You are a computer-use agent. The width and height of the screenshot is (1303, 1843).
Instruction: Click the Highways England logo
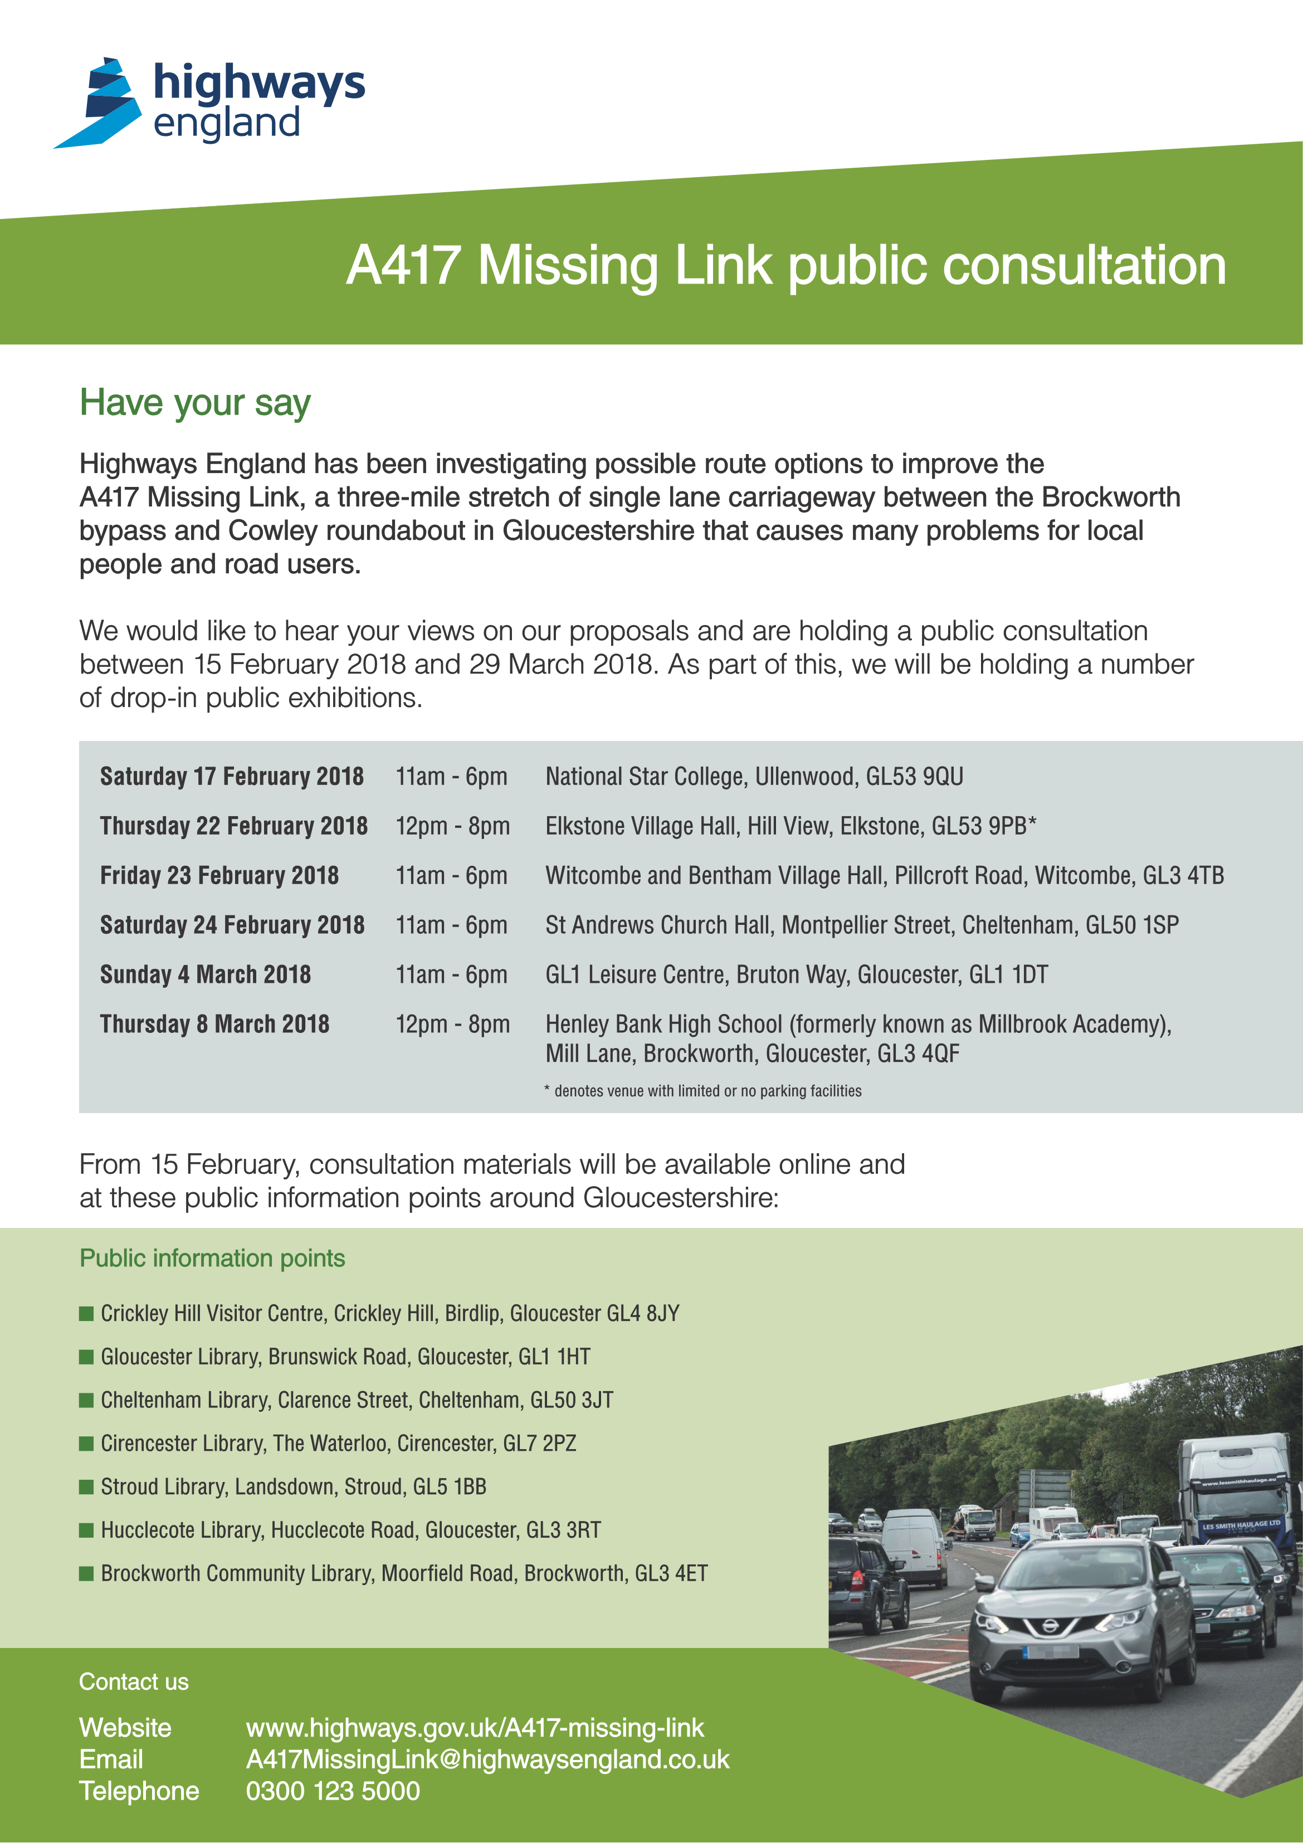209,102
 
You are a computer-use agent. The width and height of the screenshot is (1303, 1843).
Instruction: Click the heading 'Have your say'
194,403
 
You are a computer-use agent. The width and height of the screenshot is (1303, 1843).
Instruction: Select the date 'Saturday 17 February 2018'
231,776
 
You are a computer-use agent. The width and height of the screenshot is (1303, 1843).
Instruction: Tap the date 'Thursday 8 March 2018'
214,1023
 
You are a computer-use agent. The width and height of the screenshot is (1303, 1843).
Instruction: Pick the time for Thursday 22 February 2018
452,826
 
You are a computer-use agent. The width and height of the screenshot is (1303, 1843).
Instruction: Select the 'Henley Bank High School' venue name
663,1024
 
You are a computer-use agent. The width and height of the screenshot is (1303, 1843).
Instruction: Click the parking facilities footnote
702,1091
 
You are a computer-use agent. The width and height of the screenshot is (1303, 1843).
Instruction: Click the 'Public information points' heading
212,1258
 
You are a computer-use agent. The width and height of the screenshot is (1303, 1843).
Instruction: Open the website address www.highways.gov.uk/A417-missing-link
475,1728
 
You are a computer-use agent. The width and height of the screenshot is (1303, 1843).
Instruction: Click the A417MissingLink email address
487,1759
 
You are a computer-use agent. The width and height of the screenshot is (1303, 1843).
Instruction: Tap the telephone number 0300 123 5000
333,1791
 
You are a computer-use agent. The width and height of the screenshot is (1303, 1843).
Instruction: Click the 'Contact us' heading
133,1681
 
